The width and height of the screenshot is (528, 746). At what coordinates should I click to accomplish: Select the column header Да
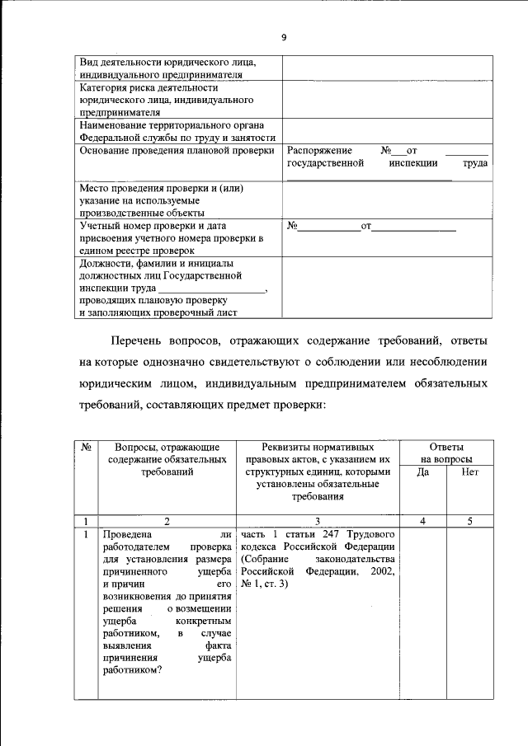coord(423,472)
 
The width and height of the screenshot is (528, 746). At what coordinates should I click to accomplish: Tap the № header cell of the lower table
coord(86,446)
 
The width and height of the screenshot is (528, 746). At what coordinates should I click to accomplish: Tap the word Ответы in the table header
coord(446,446)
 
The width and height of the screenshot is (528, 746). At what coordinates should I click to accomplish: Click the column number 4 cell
coord(423,521)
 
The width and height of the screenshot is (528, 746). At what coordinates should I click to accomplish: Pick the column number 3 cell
coord(318,521)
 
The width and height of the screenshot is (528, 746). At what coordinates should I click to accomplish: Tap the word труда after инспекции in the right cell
coord(474,164)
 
